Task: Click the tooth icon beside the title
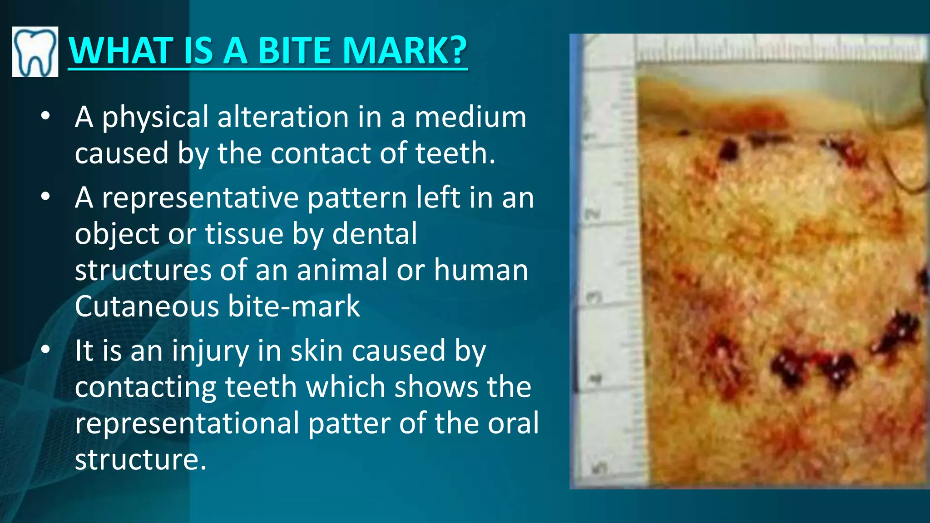[35, 51]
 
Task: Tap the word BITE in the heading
[295, 50]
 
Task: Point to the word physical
[155, 118]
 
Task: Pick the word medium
[470, 117]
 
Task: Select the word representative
[200, 198]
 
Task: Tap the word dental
[375, 234]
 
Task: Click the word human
[481, 270]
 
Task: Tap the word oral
[513, 423]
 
